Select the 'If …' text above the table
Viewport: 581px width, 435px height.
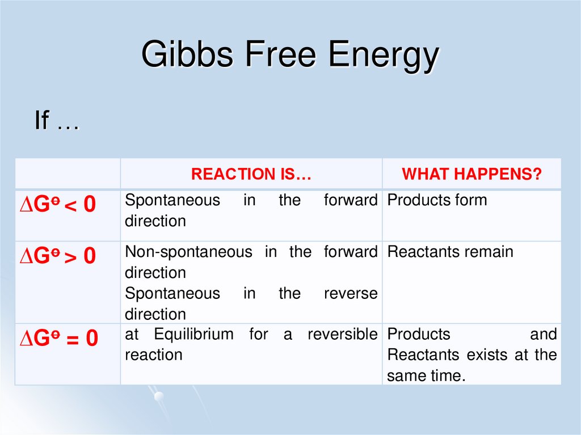[x=57, y=121]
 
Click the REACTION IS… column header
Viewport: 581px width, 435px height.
[x=251, y=174]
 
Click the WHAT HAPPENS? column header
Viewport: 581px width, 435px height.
[x=471, y=174]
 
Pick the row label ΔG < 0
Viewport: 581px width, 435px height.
[x=58, y=204]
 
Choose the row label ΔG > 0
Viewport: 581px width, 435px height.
[x=58, y=256]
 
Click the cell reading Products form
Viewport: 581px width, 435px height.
[x=437, y=200]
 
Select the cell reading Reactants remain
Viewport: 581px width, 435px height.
[x=450, y=252]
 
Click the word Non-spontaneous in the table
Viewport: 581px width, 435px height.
[x=188, y=252]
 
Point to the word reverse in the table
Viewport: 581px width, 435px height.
[x=350, y=293]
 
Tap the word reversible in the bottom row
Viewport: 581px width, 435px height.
[x=342, y=335]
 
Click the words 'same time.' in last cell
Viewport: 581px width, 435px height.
[x=426, y=375]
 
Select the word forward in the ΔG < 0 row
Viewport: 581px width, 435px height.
[x=350, y=200]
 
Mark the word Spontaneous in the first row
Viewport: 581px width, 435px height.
[x=172, y=200]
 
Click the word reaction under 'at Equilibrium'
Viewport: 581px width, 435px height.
[x=154, y=355]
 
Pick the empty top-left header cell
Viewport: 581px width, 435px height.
[x=68, y=174]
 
